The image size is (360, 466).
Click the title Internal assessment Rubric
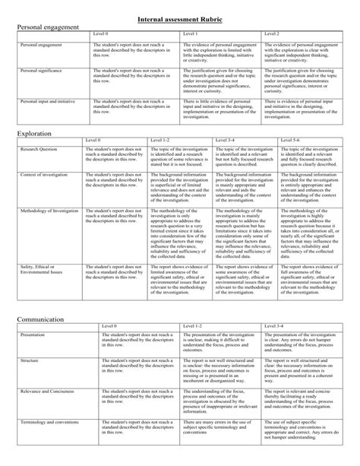(x=180, y=17)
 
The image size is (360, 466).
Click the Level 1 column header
(x=191, y=34)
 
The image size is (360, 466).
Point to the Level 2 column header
(x=270, y=34)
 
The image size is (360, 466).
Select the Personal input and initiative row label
(x=48, y=100)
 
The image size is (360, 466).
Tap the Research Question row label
(x=39, y=151)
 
